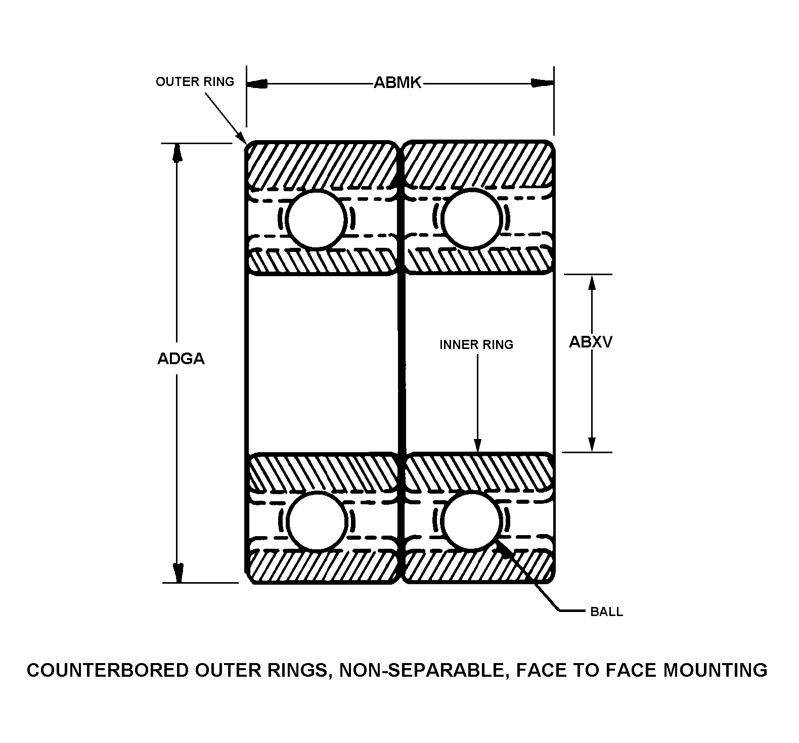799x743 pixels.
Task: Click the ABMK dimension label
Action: coord(397,83)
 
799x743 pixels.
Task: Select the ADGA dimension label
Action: coord(181,359)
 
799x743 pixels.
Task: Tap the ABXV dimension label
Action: coord(591,342)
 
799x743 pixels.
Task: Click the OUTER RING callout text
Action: coord(195,82)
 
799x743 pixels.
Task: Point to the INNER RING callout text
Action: coord(476,345)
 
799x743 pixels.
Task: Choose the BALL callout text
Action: coord(607,612)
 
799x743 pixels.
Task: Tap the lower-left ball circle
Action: coord(318,521)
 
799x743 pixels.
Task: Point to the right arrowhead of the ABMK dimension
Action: coord(544,83)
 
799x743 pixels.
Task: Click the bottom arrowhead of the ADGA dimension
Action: coord(177,573)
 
